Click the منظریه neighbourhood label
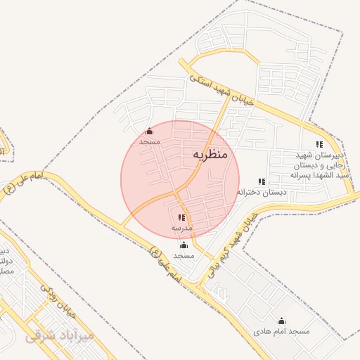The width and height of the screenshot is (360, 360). coord(210,153)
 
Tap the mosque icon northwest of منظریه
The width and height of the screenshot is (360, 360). coord(149,131)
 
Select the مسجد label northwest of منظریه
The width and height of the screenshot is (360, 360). coord(150,141)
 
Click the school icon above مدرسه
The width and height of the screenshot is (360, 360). coord(181,218)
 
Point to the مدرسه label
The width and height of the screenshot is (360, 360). coord(181,229)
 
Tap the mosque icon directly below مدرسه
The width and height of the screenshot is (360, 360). coord(184,245)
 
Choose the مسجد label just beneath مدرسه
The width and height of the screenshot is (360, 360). coord(184,255)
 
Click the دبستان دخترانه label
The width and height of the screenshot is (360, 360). coord(262,192)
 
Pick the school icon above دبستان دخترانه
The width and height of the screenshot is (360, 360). coord(262,181)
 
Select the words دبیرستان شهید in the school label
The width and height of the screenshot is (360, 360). coord(320,155)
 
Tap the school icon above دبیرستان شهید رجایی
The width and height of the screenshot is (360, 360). coord(320,145)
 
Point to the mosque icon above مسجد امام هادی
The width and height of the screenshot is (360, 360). coord(282,321)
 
